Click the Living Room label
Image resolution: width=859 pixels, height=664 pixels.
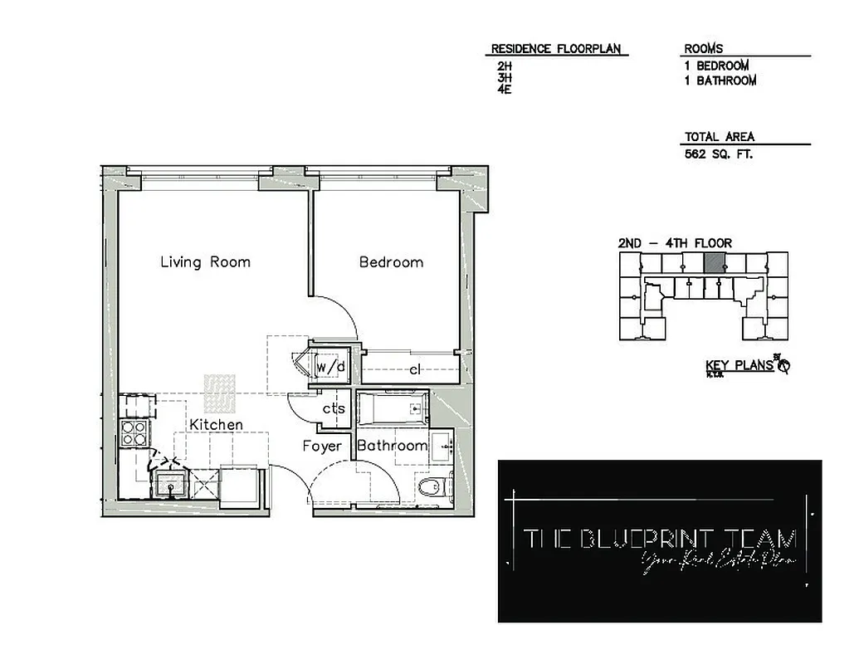click(205, 262)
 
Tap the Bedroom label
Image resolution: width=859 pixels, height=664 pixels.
click(391, 262)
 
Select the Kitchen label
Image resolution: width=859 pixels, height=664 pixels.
click(216, 425)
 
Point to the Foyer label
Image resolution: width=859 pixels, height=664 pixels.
click(322, 446)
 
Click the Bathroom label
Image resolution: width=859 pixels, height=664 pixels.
click(392, 446)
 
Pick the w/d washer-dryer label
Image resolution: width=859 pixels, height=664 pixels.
click(329, 366)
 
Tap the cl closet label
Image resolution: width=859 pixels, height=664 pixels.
click(415, 370)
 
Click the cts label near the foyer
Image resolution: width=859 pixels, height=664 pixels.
click(334, 408)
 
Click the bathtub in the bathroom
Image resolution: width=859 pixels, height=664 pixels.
click(393, 409)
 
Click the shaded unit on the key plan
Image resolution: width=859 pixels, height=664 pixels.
click(714, 263)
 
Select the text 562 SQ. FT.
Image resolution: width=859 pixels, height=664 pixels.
click(719, 154)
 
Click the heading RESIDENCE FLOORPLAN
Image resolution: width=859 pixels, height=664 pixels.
click(555, 49)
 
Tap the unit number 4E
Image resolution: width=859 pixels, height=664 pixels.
click(505, 89)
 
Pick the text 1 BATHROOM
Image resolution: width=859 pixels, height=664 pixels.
click(720, 81)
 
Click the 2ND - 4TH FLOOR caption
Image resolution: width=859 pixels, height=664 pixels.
click(675, 243)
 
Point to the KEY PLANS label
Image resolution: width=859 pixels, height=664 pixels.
click(739, 365)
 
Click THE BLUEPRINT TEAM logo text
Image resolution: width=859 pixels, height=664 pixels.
click(660, 539)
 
